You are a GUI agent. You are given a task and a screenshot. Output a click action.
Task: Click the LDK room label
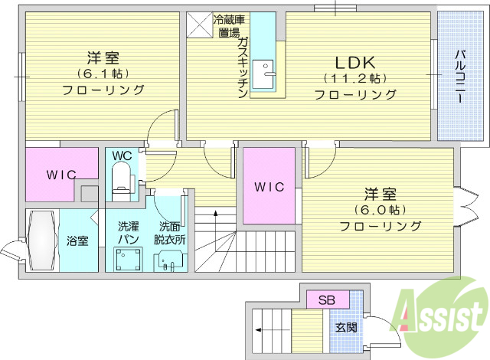[351, 61]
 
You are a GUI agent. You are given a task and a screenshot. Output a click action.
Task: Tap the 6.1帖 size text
[102, 74]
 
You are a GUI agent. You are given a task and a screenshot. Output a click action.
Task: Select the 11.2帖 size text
[353, 79]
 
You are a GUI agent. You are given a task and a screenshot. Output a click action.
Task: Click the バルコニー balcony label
[462, 77]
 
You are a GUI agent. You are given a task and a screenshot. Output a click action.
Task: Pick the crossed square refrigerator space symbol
[199, 21]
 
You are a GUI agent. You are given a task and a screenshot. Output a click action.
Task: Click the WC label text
[122, 156]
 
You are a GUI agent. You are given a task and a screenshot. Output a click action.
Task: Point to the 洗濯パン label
[127, 234]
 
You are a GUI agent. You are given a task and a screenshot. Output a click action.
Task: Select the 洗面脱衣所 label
[170, 234]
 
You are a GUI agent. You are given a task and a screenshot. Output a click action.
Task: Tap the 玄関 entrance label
[346, 327]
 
